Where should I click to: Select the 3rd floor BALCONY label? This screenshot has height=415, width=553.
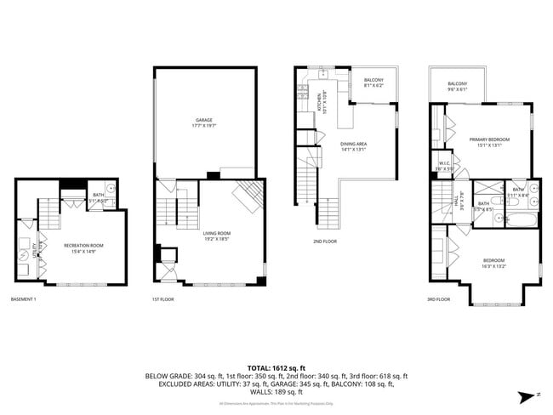458,86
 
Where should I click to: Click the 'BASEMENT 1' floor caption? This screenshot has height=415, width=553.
23,299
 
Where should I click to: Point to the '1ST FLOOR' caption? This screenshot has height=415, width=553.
162,299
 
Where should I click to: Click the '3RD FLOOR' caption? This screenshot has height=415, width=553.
438,299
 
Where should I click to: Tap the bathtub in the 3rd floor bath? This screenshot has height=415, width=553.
520,219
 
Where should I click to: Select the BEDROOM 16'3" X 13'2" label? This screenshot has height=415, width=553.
493,263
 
